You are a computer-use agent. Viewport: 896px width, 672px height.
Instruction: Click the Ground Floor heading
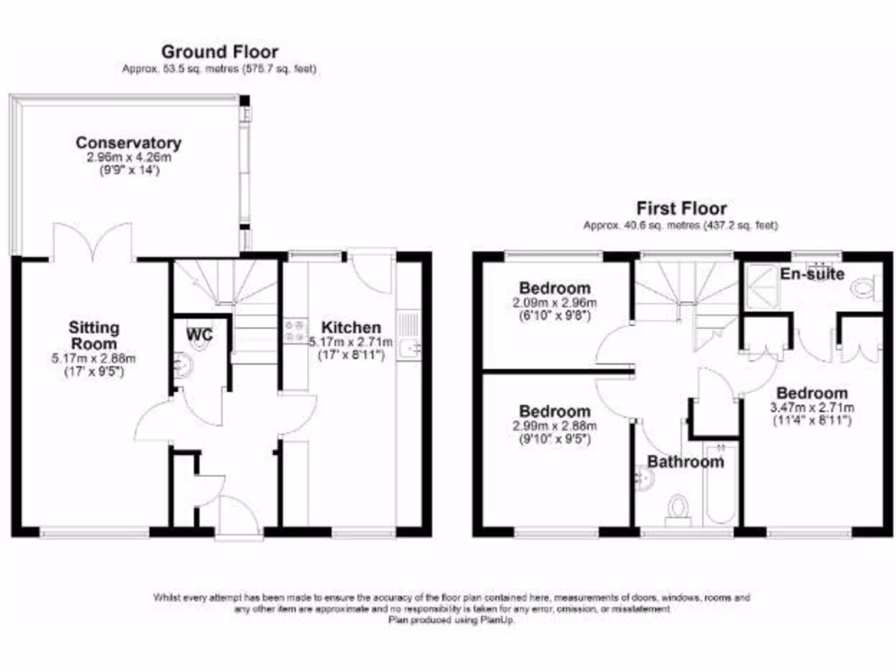pyautogui.click(x=220, y=52)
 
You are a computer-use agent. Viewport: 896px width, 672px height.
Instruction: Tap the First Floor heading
pyautogui.click(x=681, y=208)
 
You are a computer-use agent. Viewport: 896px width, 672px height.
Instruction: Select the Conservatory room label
pyautogui.click(x=128, y=143)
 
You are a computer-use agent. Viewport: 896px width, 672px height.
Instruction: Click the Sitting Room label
pyautogui.click(x=94, y=335)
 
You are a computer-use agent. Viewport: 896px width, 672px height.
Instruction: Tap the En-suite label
pyautogui.click(x=813, y=274)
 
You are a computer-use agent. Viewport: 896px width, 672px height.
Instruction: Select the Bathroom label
pyautogui.click(x=685, y=461)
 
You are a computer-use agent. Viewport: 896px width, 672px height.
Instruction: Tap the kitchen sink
pyautogui.click(x=409, y=347)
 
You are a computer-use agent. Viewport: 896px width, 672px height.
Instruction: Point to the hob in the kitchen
pyautogui.click(x=292, y=332)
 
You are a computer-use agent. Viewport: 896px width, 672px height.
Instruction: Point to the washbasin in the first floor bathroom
pyautogui.click(x=644, y=477)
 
